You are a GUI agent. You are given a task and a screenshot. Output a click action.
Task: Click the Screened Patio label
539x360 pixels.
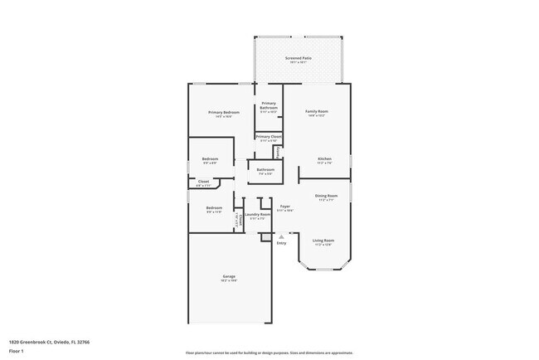point(297,58)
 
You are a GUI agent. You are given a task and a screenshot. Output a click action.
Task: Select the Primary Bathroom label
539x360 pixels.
point(269,105)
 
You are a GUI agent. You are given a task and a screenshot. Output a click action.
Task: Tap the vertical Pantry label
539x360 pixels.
point(277,153)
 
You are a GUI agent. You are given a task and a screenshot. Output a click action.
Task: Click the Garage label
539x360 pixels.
point(229,276)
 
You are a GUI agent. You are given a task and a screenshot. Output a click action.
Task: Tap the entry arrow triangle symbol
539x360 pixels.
point(281,236)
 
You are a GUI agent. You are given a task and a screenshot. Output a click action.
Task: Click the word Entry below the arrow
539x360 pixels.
point(281,243)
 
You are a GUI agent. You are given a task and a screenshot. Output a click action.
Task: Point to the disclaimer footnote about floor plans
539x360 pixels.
point(269,352)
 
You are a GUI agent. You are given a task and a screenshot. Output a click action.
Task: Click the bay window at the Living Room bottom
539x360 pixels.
point(323,267)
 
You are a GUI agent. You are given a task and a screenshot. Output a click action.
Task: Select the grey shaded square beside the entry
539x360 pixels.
point(265,236)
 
